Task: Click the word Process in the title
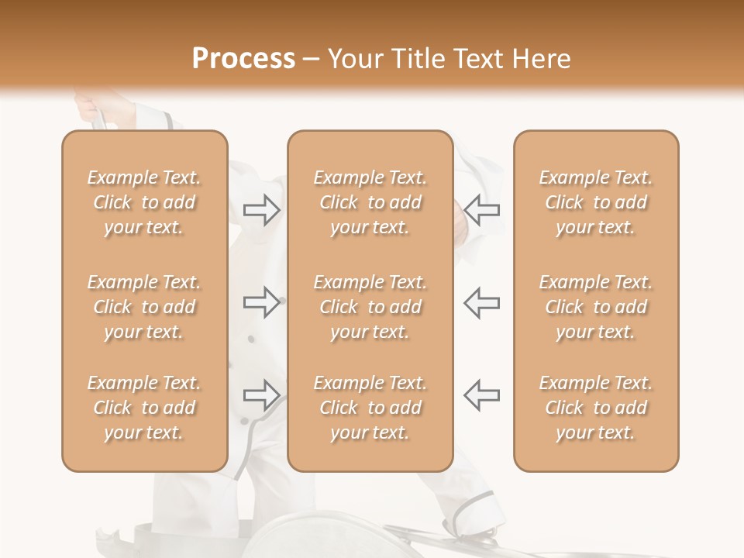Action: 243,59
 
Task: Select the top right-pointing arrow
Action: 261,210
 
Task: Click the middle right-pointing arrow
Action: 261,302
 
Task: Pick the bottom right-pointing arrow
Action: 261,395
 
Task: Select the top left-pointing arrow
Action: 481,210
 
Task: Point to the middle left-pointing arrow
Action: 481,302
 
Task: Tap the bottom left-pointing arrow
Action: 481,395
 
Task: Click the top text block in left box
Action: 144,202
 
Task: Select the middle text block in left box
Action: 144,307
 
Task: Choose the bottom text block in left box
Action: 144,408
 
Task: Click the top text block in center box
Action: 370,202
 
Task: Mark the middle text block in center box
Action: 370,307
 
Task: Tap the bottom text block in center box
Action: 370,408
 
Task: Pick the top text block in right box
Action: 596,202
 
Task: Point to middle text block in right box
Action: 596,307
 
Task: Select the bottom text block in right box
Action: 596,408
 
